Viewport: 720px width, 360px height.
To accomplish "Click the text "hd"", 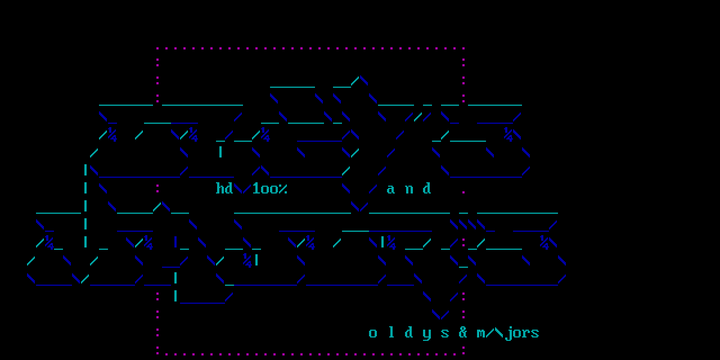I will [224, 188].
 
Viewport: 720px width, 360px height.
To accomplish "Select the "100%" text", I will [269, 188].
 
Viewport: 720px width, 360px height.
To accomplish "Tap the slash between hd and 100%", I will [243, 188].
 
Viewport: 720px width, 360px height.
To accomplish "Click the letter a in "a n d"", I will [391, 188].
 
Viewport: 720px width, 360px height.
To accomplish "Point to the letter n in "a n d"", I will [409, 188].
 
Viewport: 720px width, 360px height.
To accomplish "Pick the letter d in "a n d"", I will [427, 188].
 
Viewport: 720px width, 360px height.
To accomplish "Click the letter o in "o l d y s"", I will [373, 333].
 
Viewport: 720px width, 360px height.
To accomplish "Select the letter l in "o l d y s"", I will [391, 332].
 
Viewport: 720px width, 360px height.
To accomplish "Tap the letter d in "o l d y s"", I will [409, 332].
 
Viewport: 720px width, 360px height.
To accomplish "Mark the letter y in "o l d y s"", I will [427, 334].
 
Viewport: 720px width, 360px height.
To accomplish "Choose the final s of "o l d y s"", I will [445, 333].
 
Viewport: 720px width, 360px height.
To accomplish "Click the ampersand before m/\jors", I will [463, 332].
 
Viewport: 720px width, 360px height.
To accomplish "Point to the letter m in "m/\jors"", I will [481, 333].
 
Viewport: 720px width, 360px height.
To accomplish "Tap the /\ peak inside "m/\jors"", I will [495, 333].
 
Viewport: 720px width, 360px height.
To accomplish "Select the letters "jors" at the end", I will [522, 333].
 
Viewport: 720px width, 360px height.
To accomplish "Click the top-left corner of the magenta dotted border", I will [158, 49].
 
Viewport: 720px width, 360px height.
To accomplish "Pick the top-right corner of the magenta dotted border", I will [463, 49].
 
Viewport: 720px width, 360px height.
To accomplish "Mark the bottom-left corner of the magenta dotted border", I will [158, 354].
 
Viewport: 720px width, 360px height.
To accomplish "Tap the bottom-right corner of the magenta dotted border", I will [463, 354].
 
